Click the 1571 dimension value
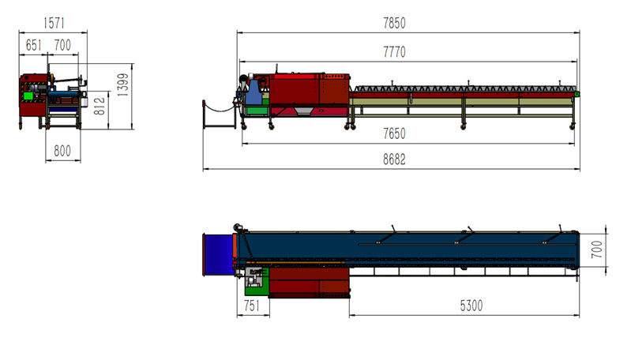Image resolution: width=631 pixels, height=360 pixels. click(x=54, y=23)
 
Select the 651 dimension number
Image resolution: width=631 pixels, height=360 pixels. click(x=33, y=45)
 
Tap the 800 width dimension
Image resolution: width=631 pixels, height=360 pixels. click(x=62, y=151)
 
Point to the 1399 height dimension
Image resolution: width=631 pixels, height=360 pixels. click(x=123, y=84)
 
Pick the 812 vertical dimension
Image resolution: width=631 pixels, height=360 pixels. click(x=100, y=106)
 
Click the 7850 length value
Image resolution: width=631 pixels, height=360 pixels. click(x=394, y=23)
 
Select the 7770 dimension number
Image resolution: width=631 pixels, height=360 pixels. click(x=394, y=52)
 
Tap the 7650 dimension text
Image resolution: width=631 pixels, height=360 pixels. click(x=394, y=133)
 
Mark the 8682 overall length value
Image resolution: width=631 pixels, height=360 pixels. click(x=394, y=159)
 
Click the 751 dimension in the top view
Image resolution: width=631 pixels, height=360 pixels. click(x=252, y=306)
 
